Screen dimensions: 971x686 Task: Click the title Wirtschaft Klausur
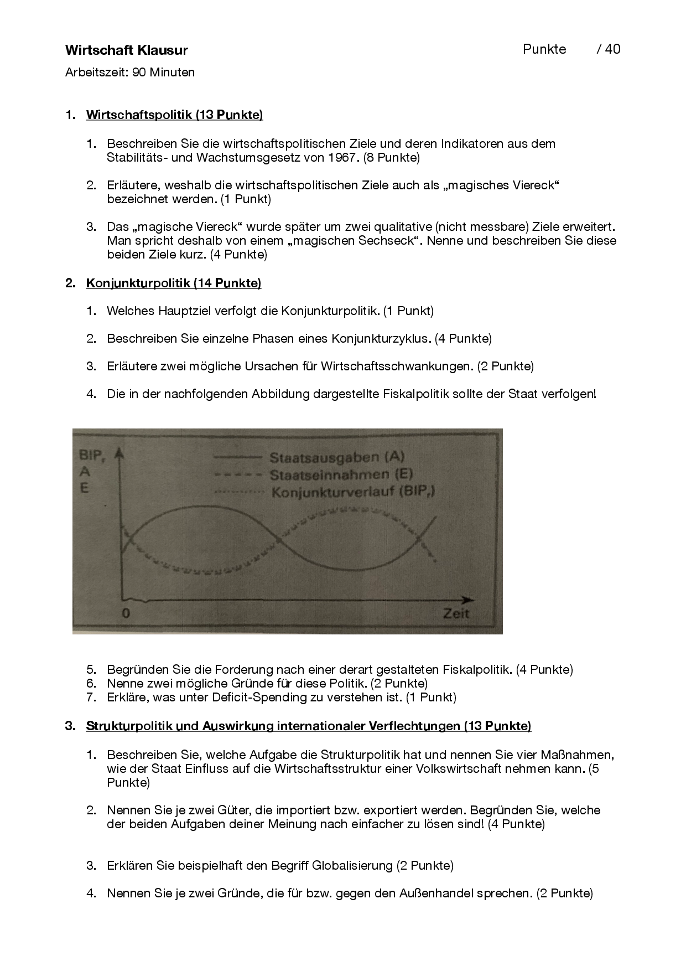(x=126, y=50)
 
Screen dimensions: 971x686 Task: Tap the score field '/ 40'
(x=609, y=49)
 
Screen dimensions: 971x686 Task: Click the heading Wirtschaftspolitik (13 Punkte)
(x=174, y=115)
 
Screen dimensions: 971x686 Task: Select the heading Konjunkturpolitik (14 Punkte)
(x=173, y=283)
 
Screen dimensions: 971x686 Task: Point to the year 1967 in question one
(x=341, y=158)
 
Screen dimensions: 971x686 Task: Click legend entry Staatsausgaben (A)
(x=337, y=457)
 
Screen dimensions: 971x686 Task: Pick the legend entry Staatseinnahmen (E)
(x=341, y=474)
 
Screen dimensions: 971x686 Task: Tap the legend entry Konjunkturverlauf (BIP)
(x=352, y=492)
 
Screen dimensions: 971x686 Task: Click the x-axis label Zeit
(x=455, y=613)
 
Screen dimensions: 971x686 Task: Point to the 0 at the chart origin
(x=126, y=613)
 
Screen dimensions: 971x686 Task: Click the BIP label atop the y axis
(x=90, y=455)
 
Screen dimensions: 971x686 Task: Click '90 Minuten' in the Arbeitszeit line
(x=163, y=73)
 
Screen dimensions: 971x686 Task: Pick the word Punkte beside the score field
(x=544, y=49)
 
